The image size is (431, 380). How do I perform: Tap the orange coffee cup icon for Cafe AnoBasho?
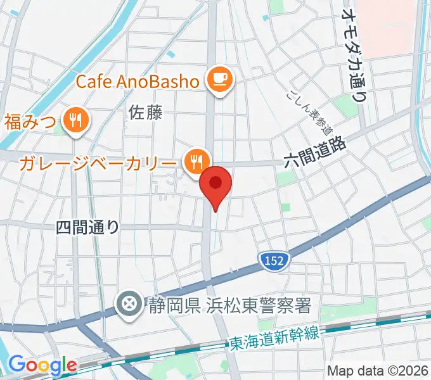click(x=220, y=79)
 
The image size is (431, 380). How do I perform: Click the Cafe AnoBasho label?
click(x=139, y=80)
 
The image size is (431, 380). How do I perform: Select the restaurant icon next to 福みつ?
click(x=75, y=120)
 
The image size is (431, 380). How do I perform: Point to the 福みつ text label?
click(x=30, y=120)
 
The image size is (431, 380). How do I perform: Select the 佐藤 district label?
click(x=146, y=113)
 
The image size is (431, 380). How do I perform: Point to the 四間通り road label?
click(x=87, y=227)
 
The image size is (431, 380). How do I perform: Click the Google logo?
click(x=42, y=365)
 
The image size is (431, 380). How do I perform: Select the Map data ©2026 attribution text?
click(x=378, y=370)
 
